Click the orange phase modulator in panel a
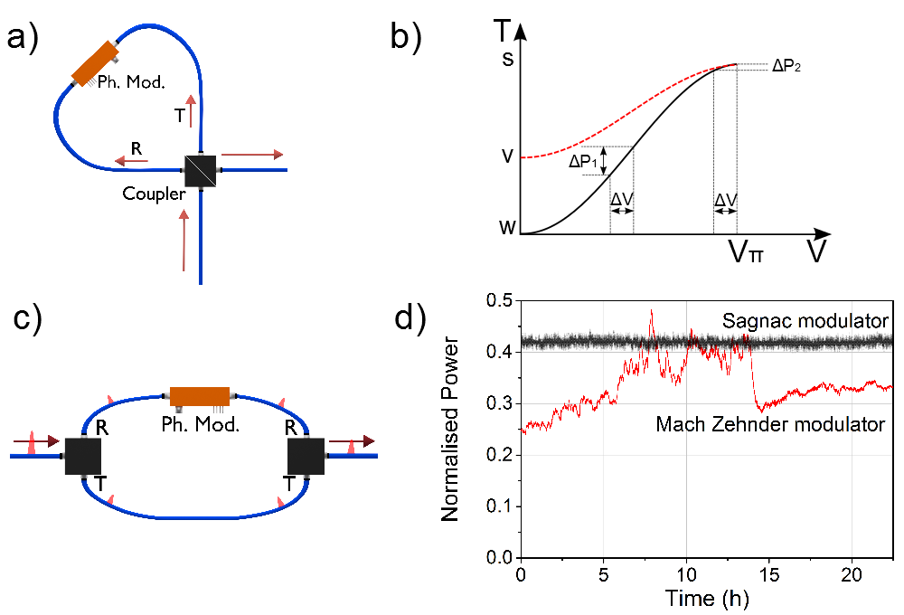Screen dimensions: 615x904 click(x=96, y=63)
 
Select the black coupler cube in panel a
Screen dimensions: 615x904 click(x=200, y=170)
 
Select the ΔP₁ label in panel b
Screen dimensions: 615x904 click(x=584, y=162)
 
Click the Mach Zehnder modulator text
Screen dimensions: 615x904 click(x=770, y=423)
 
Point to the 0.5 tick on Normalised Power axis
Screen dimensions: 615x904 click(x=499, y=300)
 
